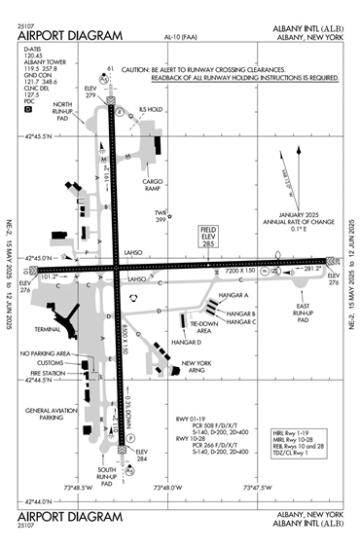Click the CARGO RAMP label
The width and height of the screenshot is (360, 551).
[159, 186]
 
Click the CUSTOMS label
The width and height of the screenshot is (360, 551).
[51, 363]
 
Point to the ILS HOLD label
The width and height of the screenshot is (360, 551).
[149, 109]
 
